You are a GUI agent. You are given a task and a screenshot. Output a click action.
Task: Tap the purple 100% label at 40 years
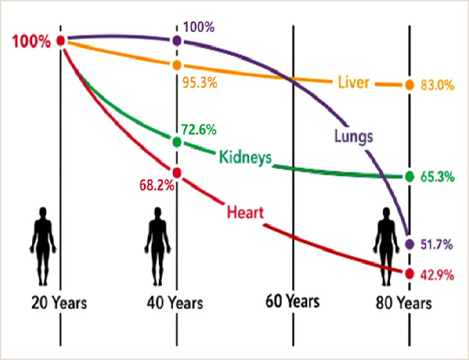pos(199,27)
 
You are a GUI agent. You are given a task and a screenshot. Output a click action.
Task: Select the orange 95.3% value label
pos(199,82)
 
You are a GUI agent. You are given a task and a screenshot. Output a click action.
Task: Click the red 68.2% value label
pos(155,185)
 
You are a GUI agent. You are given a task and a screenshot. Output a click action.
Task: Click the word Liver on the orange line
pos(353,82)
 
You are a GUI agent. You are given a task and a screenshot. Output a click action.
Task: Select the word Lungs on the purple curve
pos(353,136)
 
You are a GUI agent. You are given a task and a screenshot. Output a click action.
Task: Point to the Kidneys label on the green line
pos(245,157)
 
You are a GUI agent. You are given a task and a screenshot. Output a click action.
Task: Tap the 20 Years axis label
pos(59,302)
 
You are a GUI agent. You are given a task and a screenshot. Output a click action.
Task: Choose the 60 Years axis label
pos(292,301)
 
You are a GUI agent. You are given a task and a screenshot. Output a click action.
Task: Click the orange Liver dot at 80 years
pos(409,85)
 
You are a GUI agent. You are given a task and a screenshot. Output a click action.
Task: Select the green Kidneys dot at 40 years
pos(177,141)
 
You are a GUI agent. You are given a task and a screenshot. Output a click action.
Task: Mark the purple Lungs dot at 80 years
pos(409,244)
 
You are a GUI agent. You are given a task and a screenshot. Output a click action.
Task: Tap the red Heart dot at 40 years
pos(177,173)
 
